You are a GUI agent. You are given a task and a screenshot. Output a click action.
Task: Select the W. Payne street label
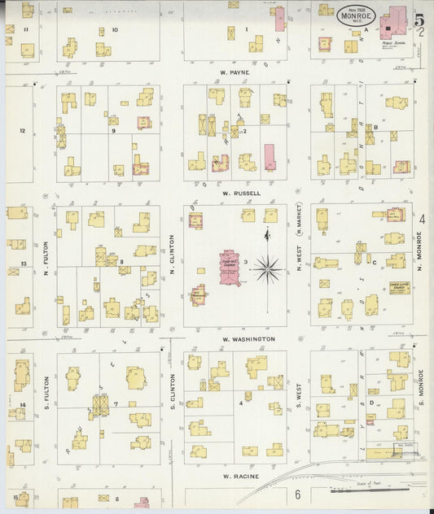click(234, 72)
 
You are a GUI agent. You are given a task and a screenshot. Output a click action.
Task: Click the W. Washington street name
click(248, 338)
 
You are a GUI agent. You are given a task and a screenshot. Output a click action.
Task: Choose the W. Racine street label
click(242, 477)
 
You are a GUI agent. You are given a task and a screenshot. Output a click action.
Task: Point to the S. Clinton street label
click(173, 394)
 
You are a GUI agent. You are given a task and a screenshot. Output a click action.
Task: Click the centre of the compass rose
click(268, 268)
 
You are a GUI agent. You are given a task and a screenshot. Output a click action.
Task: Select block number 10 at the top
click(114, 30)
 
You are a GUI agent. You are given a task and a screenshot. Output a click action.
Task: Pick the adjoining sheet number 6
click(297, 494)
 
